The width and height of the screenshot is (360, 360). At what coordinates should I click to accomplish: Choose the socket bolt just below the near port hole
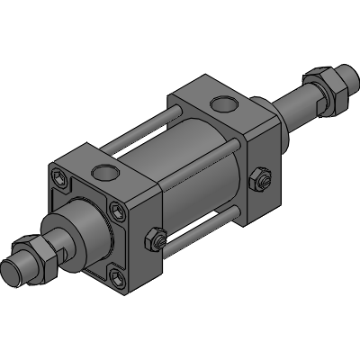coord(119,212)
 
